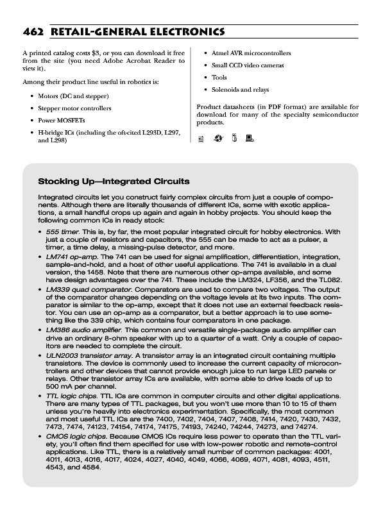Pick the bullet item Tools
pos(219,78)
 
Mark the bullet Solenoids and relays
pos(240,90)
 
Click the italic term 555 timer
pos(62,231)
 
